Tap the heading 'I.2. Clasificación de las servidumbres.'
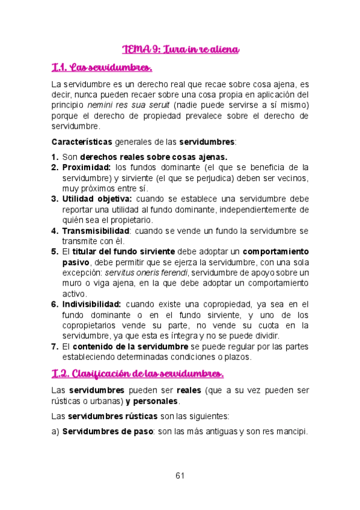(x=138, y=373)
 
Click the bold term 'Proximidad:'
(x=87, y=167)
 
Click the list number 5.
(x=55, y=251)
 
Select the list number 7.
(x=55, y=346)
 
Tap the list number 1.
(x=55, y=157)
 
